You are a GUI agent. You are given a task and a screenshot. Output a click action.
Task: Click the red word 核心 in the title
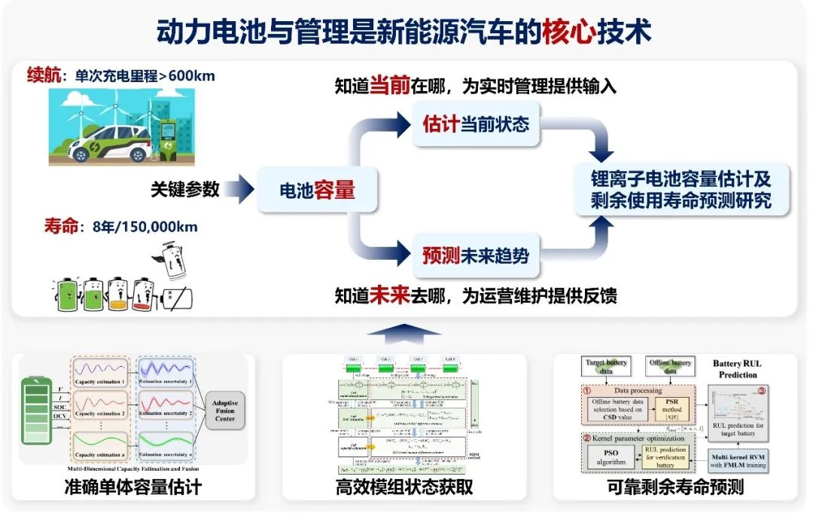click(x=569, y=32)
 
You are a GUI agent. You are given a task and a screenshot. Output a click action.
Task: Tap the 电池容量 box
click(x=317, y=191)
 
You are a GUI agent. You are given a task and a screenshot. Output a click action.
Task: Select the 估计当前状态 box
click(x=476, y=124)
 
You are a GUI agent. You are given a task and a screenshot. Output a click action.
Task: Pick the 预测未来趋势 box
click(x=476, y=255)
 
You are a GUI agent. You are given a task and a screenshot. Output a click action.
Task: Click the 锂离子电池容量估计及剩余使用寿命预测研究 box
click(x=681, y=191)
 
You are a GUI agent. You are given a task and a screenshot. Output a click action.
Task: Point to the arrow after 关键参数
click(x=239, y=190)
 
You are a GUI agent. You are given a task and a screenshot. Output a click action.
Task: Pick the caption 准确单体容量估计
click(x=133, y=487)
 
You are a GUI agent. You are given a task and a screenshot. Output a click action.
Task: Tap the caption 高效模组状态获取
click(x=404, y=487)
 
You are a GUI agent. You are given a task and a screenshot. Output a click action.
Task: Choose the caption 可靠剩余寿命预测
click(x=675, y=487)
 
